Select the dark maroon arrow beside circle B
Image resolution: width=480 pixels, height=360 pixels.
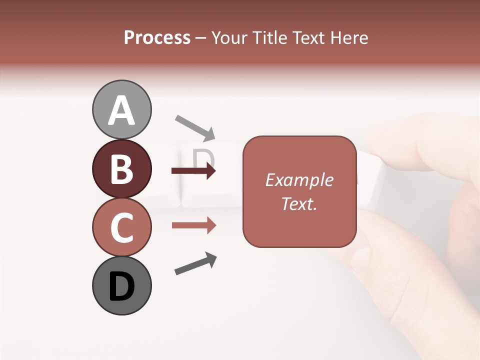pos(193,171)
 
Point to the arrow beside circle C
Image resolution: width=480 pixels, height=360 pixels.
pos(193,225)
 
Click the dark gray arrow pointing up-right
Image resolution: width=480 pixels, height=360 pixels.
pos(195,263)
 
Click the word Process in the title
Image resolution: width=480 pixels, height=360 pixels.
pos(157,37)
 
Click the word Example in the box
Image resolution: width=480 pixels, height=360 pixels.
pos(299,180)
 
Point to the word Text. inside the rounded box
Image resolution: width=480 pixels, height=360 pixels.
pos(299,203)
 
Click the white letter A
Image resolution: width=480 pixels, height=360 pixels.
pos(121,110)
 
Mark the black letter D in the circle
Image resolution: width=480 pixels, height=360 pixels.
pos(121,286)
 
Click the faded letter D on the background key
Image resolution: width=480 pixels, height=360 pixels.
pos(203,159)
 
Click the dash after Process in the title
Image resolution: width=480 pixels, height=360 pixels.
pos(201,38)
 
